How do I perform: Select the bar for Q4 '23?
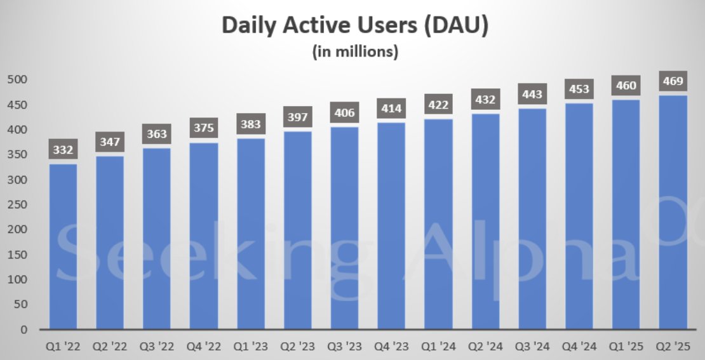coord(392,225)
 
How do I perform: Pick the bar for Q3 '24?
coord(532,218)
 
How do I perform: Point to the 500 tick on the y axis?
coord(17,80)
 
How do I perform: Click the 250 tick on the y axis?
coord(17,205)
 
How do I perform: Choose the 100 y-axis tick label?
coord(17,280)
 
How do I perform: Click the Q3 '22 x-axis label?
coord(158,347)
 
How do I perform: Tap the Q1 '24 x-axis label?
coord(439,347)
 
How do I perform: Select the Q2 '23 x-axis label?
coord(299,347)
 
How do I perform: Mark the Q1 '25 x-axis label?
coord(626,347)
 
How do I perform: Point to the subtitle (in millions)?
coord(355,52)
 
